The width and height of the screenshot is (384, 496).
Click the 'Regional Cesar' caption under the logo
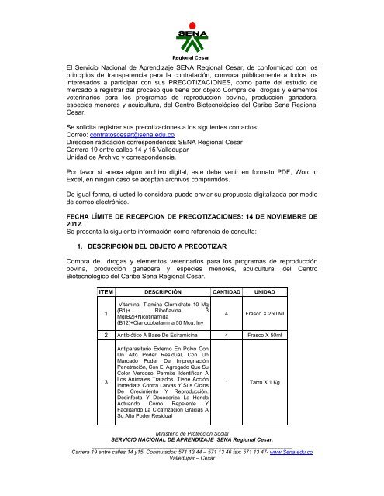tap(191, 58)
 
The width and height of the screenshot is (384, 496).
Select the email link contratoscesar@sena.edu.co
tap(140, 134)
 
